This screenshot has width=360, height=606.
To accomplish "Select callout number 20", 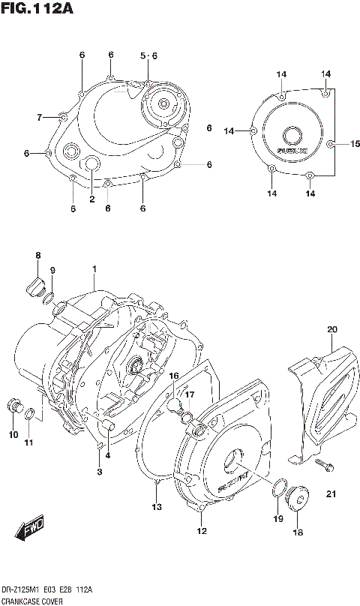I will click(x=332, y=328).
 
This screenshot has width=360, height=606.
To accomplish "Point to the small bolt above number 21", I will click(x=324, y=466).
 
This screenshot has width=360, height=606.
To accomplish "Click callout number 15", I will click(x=355, y=143).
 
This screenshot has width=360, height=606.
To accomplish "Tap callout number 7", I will click(x=40, y=116).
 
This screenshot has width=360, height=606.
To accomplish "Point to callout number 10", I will click(x=13, y=434).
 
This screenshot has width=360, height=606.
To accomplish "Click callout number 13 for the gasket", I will click(x=156, y=508).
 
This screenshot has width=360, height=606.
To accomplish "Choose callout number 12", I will click(x=201, y=532).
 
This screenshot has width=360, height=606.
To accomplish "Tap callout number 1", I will click(x=94, y=268).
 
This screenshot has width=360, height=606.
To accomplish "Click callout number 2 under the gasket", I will click(x=91, y=199).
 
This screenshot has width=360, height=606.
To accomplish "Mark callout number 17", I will click(x=190, y=394).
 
